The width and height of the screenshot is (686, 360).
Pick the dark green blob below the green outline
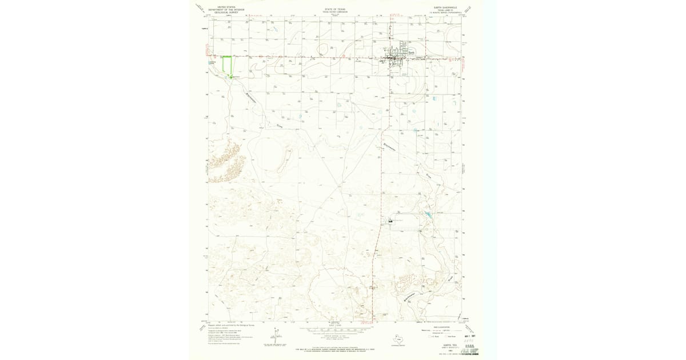pos(231,76)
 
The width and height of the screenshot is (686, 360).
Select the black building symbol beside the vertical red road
pos(390,220)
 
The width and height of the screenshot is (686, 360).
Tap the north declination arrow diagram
pos(276,334)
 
